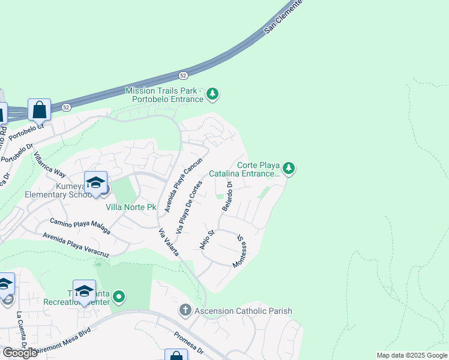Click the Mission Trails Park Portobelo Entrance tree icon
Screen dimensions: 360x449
pos(212,94)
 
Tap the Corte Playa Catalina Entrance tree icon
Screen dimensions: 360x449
pos(289,169)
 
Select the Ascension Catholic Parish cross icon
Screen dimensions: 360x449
pos(185,310)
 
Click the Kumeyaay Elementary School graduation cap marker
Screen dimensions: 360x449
pos(95,182)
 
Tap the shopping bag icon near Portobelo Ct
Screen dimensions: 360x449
pos(39,110)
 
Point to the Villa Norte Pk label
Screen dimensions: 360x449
pos(131,208)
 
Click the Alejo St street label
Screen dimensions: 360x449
pos(206,239)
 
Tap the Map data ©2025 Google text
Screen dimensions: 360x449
pos(412,355)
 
